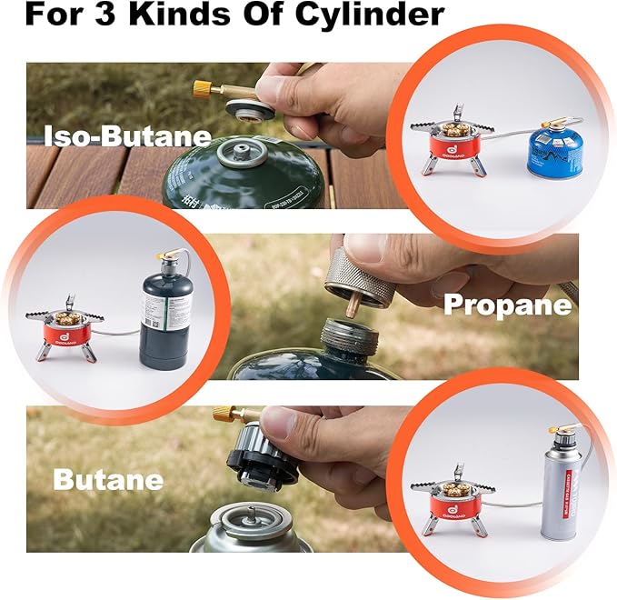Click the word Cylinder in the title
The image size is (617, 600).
pos(367,15)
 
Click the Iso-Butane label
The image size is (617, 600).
pos(127,137)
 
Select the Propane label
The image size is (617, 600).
pos(507,305)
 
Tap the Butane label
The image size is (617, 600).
pos(108,479)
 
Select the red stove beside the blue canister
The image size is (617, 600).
pos(448,147)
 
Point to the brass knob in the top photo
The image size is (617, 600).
pos(201,88)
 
